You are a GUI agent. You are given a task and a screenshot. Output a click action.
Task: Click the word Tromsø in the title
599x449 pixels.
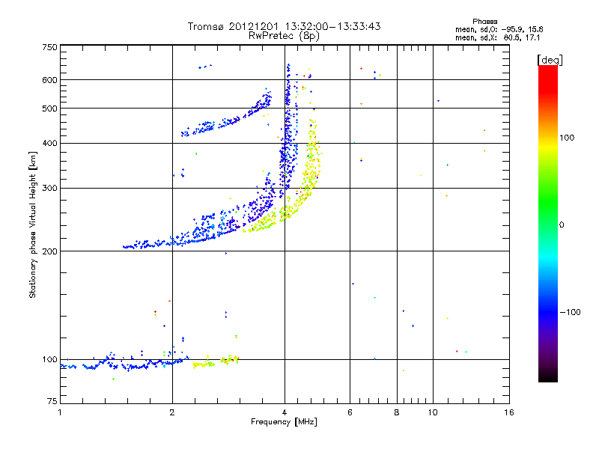tap(205, 26)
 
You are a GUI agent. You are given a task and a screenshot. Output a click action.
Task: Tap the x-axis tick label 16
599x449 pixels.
tap(508, 412)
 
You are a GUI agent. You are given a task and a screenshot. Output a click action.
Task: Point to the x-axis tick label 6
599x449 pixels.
tap(350, 412)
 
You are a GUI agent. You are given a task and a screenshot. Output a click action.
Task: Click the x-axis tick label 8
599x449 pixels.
tap(396, 412)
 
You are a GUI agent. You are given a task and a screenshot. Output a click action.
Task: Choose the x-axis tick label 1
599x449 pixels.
tap(60, 412)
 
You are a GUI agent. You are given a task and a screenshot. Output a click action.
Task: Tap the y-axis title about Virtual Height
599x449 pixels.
tap(33, 224)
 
